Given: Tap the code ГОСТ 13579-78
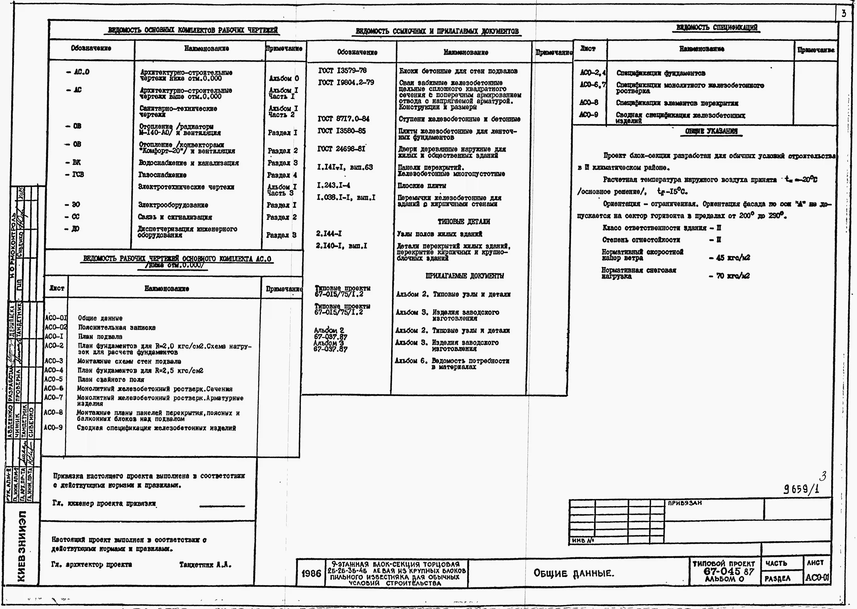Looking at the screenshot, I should (x=342, y=70).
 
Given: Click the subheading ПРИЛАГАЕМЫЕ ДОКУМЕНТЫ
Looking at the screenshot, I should (x=465, y=276).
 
